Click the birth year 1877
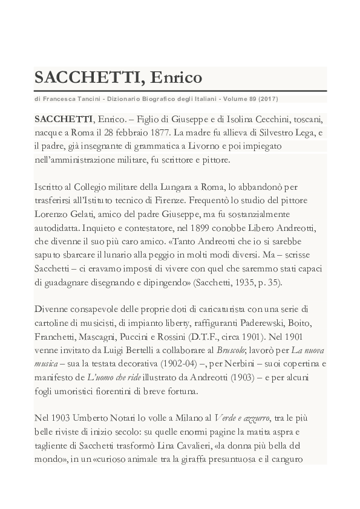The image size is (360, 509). tap(156, 132)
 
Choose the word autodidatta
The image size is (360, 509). tap(61, 229)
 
